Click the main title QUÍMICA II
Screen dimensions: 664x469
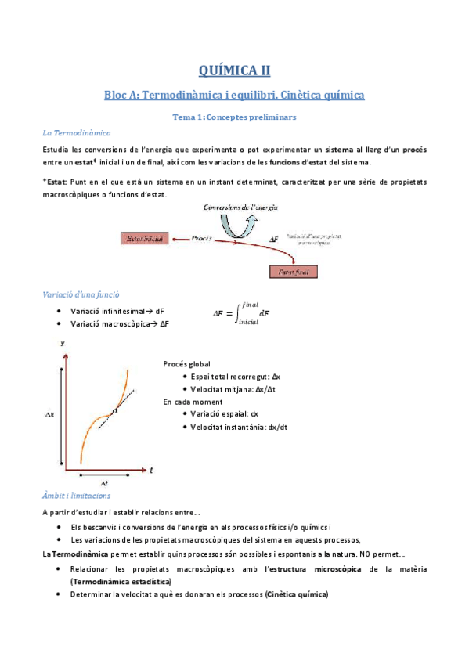[x=234, y=70]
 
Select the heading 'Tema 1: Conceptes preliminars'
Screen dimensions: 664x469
[x=234, y=117]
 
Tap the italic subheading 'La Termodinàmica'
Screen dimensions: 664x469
[x=77, y=133]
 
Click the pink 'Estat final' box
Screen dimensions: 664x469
[x=294, y=272]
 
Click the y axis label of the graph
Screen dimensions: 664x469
[x=62, y=343]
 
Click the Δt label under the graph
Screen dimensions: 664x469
[x=103, y=484]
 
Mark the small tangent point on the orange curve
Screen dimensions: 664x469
[x=114, y=410]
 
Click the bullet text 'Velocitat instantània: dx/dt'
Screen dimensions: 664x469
[x=239, y=427]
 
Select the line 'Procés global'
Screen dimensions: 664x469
[x=187, y=363]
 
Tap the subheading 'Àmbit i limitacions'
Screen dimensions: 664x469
[x=77, y=496]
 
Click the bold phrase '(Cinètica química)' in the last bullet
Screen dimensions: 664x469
[x=297, y=594]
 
